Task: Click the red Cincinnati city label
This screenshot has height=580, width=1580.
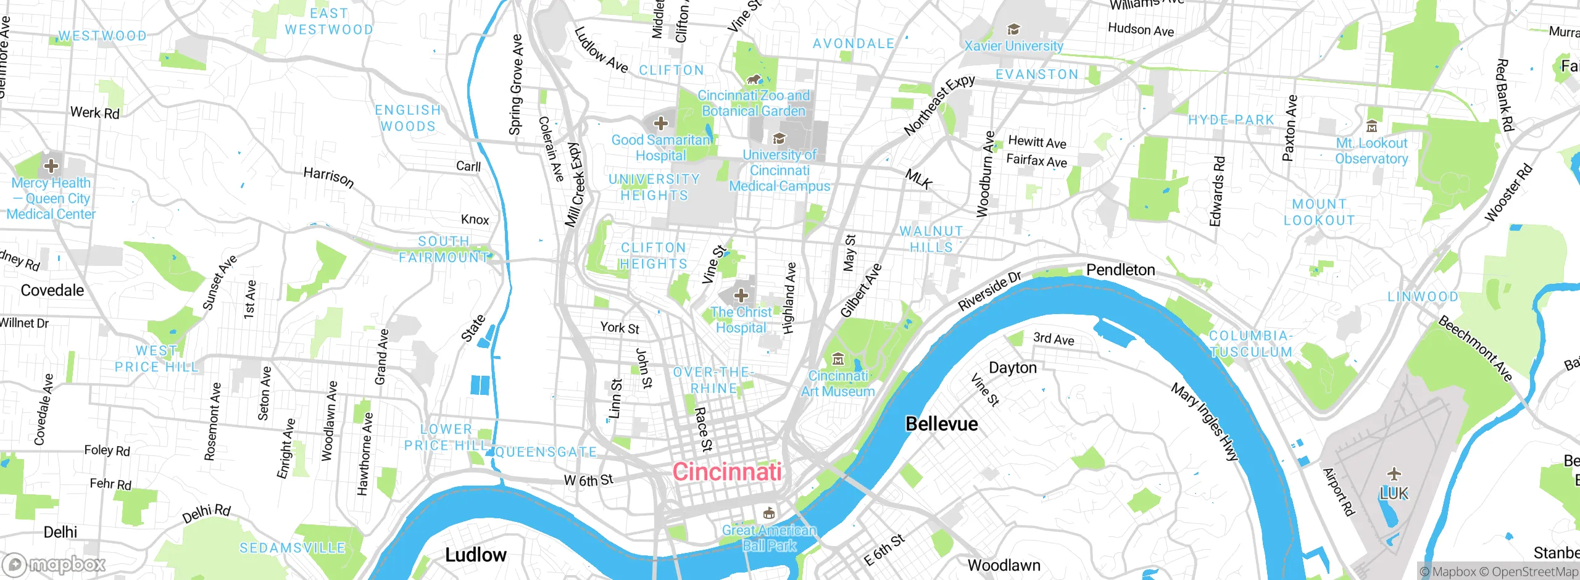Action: pyautogui.click(x=727, y=472)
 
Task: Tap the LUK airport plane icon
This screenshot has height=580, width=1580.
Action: pyautogui.click(x=1394, y=474)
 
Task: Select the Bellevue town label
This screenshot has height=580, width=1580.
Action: pyautogui.click(x=941, y=424)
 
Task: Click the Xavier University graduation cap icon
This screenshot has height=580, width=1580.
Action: pyautogui.click(x=1013, y=29)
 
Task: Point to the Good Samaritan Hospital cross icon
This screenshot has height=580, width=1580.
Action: pyautogui.click(x=660, y=123)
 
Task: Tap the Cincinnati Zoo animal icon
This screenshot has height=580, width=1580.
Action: pyautogui.click(x=754, y=79)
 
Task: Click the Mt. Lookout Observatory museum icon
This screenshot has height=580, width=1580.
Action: pyautogui.click(x=1371, y=127)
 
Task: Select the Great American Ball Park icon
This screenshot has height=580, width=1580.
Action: pyautogui.click(x=768, y=513)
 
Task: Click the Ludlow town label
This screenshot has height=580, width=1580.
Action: pyautogui.click(x=475, y=555)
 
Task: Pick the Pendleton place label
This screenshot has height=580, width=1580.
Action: pyautogui.click(x=1120, y=270)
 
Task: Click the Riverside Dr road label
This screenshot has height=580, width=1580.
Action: pyautogui.click(x=989, y=291)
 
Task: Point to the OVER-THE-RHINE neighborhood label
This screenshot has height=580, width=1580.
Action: pyautogui.click(x=713, y=380)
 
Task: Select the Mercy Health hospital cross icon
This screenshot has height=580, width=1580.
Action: pyautogui.click(x=51, y=165)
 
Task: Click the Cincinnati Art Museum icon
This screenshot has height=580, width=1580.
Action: pyautogui.click(x=838, y=359)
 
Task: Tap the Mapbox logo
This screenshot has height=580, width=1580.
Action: pyautogui.click(x=54, y=564)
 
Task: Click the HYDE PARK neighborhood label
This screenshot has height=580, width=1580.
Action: pyautogui.click(x=1231, y=120)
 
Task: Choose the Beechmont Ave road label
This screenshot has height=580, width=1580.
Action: pyautogui.click(x=1475, y=349)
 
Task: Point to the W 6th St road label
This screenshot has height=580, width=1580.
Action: pyautogui.click(x=588, y=480)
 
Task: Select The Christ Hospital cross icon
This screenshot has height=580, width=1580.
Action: pyautogui.click(x=741, y=295)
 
